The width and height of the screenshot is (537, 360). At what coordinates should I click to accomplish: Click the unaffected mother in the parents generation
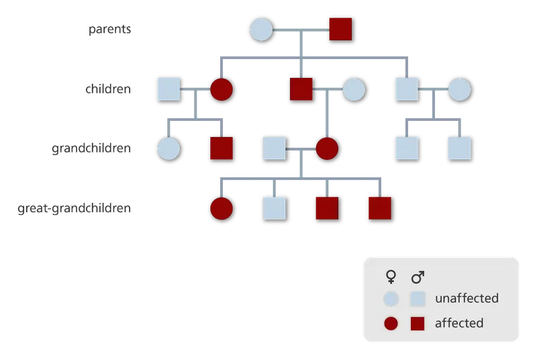click(x=261, y=30)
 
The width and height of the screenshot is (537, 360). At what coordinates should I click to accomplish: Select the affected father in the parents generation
click(x=340, y=30)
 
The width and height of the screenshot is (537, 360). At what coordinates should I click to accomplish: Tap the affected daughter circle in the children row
click(x=222, y=89)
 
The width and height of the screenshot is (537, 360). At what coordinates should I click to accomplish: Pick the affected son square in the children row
click(x=301, y=89)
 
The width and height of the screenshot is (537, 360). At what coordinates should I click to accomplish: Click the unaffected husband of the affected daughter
click(x=168, y=89)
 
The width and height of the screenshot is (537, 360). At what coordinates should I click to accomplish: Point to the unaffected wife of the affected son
click(x=354, y=89)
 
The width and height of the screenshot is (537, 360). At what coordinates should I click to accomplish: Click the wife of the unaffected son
click(x=460, y=89)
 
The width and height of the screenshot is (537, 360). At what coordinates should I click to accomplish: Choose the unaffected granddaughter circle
click(x=168, y=148)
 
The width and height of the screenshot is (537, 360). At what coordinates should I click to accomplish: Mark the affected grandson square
click(x=222, y=148)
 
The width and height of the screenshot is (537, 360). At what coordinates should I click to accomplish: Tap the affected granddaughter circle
click(x=327, y=148)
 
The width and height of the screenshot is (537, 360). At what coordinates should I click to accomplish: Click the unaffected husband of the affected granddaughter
click(x=274, y=148)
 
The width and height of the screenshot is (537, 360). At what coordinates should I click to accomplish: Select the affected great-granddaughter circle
click(x=222, y=208)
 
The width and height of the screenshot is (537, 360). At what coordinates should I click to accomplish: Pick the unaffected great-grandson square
click(x=274, y=208)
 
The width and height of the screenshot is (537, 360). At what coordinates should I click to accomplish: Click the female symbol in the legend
click(x=391, y=277)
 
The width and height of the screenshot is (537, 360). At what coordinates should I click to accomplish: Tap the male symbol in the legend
click(x=418, y=277)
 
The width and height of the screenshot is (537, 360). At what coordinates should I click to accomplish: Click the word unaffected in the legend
click(x=467, y=298)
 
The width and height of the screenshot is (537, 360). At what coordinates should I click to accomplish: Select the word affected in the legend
click(x=459, y=323)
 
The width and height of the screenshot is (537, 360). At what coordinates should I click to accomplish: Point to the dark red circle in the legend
click(x=391, y=323)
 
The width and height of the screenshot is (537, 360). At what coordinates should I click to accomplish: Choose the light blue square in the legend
click(x=418, y=298)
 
